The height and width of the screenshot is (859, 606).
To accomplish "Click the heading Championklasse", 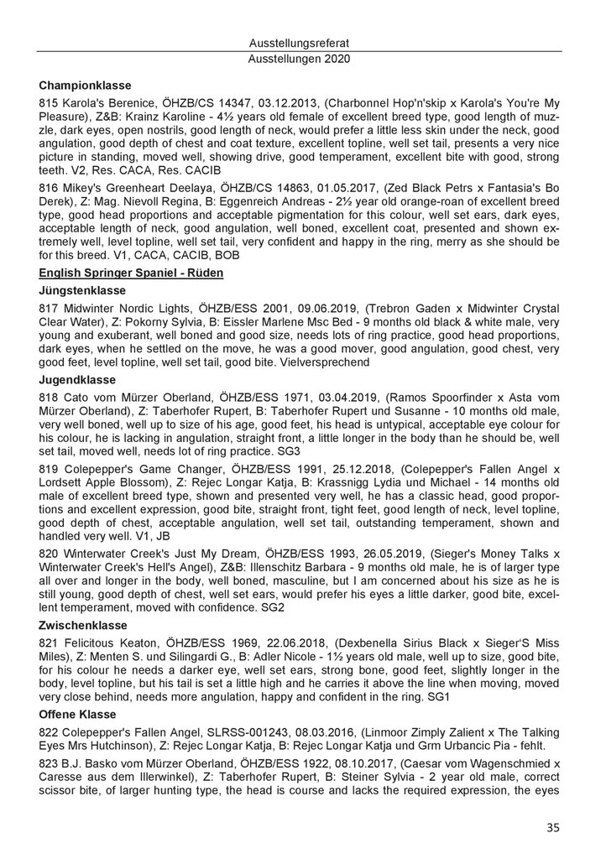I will (x=86, y=85).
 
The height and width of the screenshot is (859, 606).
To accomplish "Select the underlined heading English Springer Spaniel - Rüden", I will (x=130, y=273).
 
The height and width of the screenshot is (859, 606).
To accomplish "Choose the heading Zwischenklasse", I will (x=84, y=625).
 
